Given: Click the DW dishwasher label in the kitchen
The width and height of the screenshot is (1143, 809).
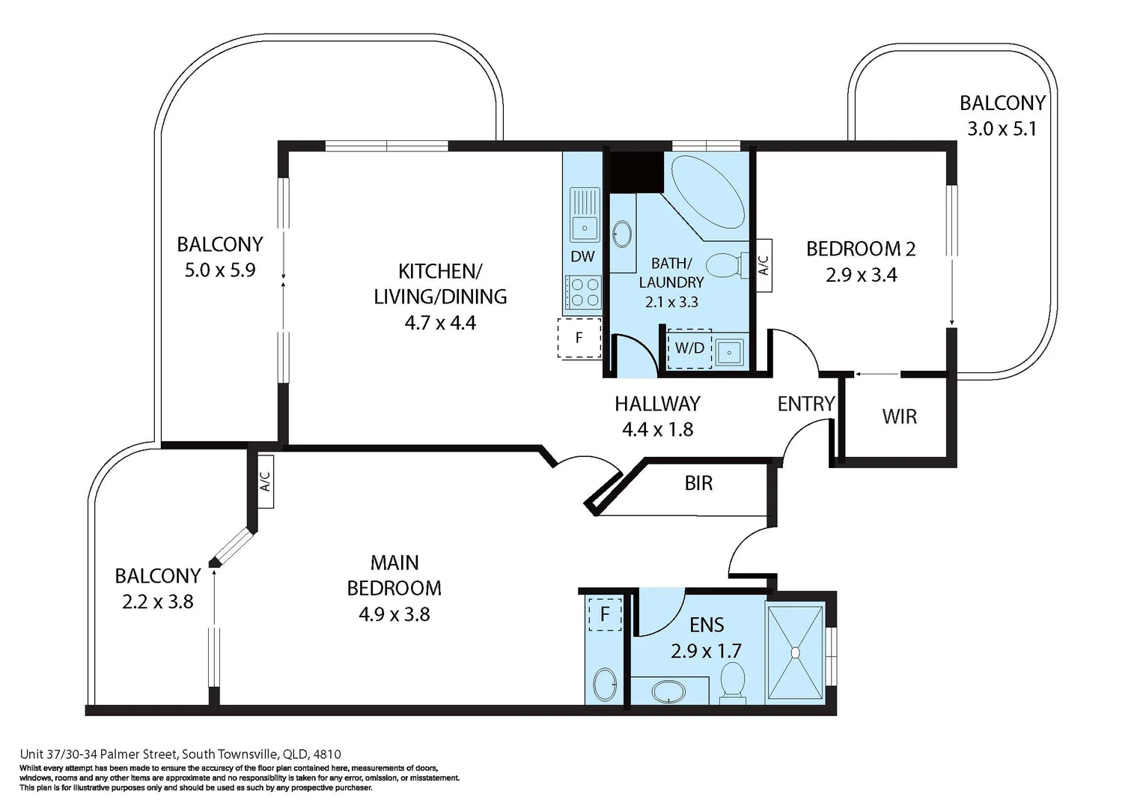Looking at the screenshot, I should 582,256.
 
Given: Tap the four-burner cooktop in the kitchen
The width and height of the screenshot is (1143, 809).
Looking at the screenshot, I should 584,292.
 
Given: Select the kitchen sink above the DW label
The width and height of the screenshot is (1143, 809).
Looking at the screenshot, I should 584,213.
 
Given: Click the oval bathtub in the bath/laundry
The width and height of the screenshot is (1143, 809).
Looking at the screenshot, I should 707,192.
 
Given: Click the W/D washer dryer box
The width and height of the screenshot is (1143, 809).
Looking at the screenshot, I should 689,348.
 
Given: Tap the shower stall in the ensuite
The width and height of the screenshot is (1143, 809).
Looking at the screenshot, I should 795,652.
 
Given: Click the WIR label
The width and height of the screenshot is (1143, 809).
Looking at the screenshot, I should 899,416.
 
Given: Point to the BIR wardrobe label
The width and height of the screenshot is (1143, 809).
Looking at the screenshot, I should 698,483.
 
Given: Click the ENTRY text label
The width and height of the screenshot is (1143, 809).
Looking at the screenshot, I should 805,404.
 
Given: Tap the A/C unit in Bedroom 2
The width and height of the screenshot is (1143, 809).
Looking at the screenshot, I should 763,264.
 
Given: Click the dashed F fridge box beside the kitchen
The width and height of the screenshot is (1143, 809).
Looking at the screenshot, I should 579,338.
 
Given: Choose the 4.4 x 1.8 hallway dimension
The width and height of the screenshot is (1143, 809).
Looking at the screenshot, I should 657,430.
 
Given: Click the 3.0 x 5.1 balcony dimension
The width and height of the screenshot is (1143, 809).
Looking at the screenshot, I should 1002,129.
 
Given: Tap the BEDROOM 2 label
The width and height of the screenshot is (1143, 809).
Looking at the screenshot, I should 861,249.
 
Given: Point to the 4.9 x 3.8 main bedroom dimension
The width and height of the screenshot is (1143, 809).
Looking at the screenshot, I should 394,615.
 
